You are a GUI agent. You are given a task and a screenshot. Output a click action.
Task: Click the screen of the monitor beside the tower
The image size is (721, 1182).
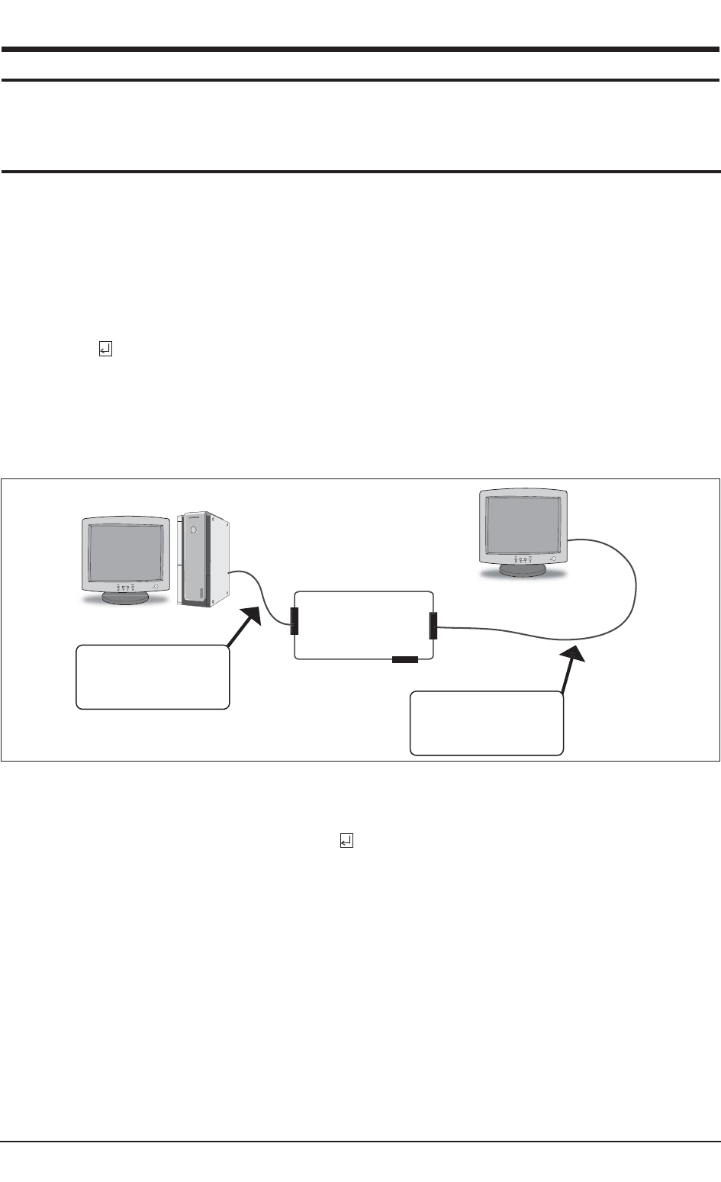pos(126,551)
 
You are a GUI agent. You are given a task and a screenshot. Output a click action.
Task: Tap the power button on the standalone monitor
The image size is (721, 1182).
pos(550,559)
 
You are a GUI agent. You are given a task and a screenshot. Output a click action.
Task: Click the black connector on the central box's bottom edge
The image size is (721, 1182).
pos(404,659)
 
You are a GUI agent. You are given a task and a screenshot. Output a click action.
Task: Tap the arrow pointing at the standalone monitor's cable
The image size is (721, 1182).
pos(571,668)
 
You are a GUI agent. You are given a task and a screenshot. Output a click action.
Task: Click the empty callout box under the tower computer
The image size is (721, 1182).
pos(153,677)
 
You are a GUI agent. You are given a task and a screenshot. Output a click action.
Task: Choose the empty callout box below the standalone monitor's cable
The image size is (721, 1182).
pos(487,723)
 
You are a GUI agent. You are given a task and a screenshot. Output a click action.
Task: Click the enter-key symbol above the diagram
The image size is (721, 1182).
pos(105,349)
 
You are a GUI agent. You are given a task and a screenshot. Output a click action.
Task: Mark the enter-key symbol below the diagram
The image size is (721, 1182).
pos(346,840)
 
